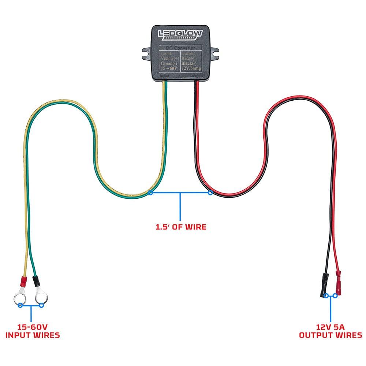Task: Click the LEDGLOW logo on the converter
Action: (180, 34)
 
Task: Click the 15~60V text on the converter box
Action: (169, 68)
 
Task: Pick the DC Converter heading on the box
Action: (180, 48)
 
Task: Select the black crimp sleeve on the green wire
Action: (37, 282)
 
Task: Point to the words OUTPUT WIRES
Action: (330, 335)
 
